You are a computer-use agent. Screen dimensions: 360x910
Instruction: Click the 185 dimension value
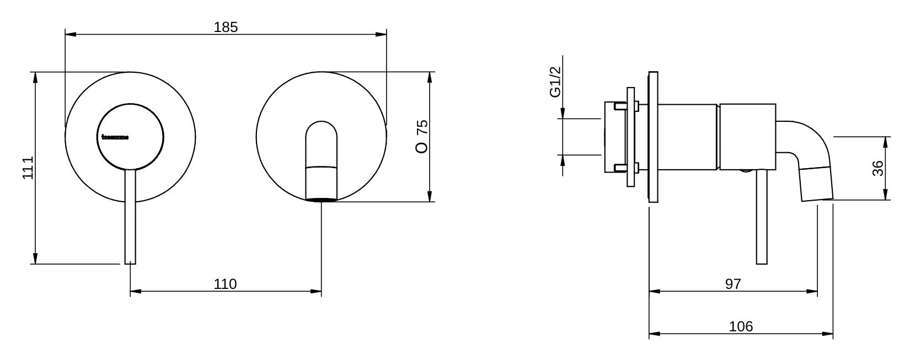(226, 27)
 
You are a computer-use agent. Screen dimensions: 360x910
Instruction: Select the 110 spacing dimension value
(225, 284)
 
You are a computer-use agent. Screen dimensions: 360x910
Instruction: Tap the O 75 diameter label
(422, 137)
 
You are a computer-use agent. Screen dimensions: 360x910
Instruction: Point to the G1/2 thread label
(555, 81)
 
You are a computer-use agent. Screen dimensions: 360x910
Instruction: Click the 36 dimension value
(879, 168)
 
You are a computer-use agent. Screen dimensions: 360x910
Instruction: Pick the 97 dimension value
(733, 284)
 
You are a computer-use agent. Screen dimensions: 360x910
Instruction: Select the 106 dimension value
(741, 326)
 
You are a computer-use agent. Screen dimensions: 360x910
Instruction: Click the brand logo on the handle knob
(115, 137)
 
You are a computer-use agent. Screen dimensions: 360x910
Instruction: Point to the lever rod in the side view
(761, 221)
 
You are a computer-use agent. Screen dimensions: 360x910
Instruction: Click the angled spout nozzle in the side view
(816, 185)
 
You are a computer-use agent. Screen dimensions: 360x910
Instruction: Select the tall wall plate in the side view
(653, 137)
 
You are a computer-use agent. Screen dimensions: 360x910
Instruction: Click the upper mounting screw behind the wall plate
(625, 105)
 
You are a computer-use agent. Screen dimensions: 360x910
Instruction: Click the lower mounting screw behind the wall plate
(625, 168)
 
